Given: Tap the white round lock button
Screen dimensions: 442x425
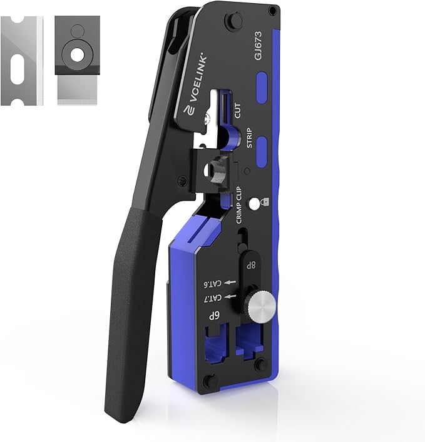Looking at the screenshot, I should [255, 204].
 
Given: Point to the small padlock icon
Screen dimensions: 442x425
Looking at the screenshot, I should [267, 204].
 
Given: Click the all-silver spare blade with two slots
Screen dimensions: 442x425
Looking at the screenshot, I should [23, 60].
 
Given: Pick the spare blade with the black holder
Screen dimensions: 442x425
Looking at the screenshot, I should [77, 60].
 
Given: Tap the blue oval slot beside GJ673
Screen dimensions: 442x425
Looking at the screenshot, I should [262, 83].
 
